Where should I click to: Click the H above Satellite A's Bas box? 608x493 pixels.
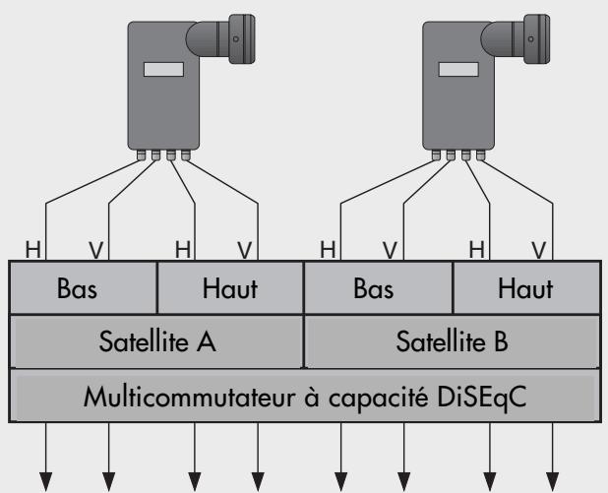[x=33, y=251]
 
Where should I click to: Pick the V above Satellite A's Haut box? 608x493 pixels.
[x=243, y=251]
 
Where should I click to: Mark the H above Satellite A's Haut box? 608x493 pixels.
[x=182, y=251]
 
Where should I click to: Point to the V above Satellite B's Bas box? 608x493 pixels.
[x=391, y=251]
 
